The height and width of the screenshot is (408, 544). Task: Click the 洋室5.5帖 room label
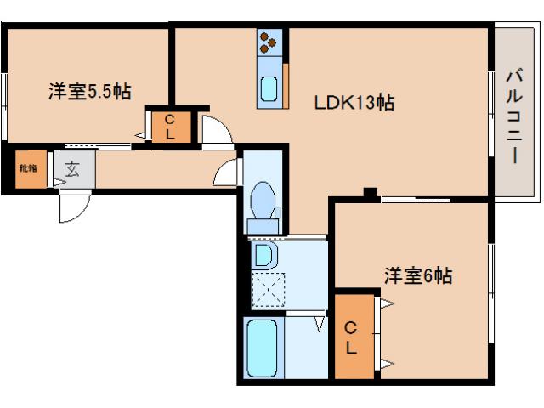point(90,92)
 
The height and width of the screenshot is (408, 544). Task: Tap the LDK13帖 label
point(354,103)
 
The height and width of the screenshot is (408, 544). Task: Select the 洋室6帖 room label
point(418,275)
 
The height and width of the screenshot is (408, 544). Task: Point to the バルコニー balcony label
point(514,116)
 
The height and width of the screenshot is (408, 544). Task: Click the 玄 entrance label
point(72,169)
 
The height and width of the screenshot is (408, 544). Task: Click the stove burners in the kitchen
point(269,42)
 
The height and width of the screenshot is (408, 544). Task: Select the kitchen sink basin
point(269,89)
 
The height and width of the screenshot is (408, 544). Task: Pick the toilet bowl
point(263,201)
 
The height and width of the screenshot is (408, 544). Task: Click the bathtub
point(263,348)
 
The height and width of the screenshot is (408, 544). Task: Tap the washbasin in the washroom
point(264,255)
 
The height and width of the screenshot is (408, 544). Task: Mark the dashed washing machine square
point(269,290)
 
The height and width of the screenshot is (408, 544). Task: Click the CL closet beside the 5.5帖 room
point(172,127)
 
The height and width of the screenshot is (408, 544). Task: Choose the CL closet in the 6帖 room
point(354,337)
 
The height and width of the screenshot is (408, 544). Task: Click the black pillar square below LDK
point(371,192)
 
